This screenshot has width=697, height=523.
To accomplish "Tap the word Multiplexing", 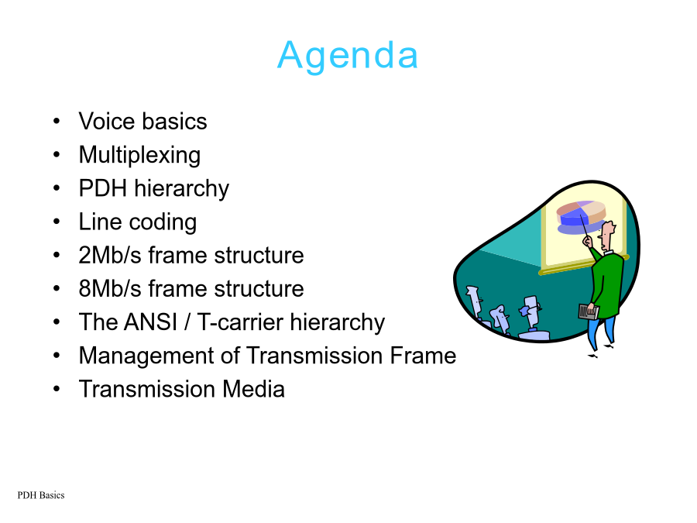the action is coord(139,156).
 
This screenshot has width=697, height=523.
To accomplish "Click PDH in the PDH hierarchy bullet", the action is coord(103,188).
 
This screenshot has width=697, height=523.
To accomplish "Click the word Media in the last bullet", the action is coord(253,389).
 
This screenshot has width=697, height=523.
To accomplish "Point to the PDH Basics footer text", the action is coord(41,495).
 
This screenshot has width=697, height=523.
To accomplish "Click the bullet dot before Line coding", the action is coord(57,222).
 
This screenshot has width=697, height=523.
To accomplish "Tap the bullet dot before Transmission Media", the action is coord(57,389).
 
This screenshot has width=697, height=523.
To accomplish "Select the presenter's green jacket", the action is coord(607,284).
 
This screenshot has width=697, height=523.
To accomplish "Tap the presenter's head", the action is coord(606,235).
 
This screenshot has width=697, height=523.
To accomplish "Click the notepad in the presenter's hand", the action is coord(588,311).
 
